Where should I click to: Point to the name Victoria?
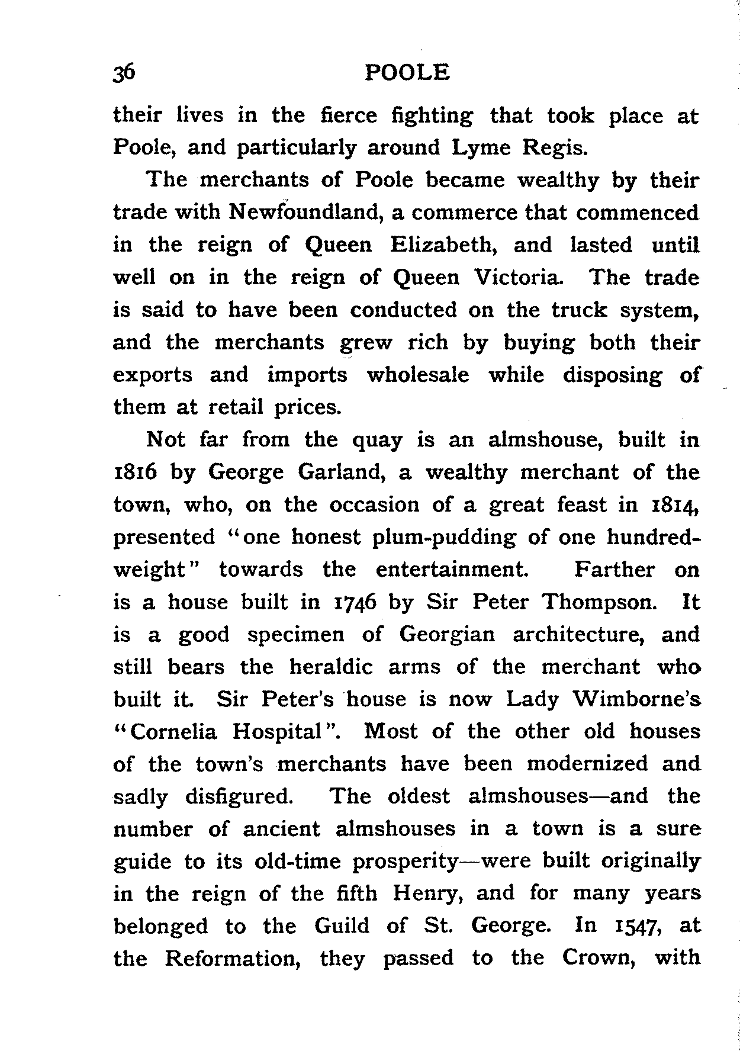coord(518,277)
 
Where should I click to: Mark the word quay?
coord(377,440)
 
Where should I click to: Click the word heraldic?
coord(331,667)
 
